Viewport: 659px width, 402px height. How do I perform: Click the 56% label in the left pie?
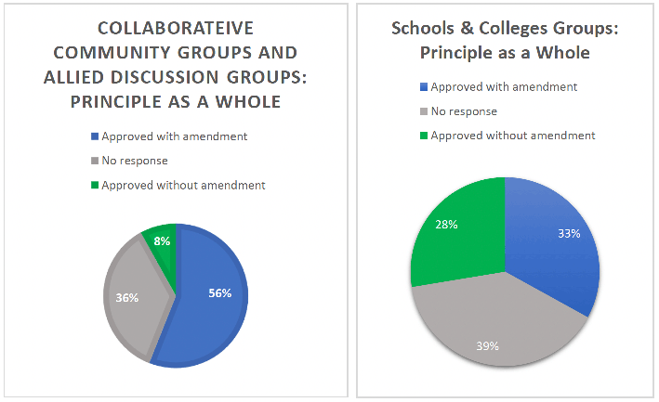tap(219, 292)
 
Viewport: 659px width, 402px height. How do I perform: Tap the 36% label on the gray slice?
tap(127, 297)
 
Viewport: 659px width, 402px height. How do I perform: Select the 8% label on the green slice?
tap(162, 240)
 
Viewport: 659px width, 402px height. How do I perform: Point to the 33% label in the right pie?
tap(569, 233)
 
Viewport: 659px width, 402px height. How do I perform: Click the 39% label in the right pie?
tap(488, 346)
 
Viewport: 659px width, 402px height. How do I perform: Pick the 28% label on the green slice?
tap(446, 225)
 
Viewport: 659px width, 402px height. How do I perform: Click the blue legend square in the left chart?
tap(95, 136)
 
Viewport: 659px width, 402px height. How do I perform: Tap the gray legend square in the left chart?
tap(95, 161)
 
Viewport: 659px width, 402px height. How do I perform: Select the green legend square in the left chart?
tap(95, 185)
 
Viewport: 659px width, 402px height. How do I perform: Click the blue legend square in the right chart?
tap(424, 87)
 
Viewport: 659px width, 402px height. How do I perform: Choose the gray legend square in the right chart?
tap(424, 111)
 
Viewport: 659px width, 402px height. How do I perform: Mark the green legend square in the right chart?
tap(424, 136)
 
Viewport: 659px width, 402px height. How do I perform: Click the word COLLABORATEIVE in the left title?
tap(176, 28)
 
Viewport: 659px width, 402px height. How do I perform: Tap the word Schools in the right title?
tap(423, 28)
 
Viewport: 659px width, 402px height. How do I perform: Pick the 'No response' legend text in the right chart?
tap(464, 111)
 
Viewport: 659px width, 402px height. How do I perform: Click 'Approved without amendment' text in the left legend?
tap(183, 186)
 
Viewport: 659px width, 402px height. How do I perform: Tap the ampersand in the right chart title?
tap(467, 28)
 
